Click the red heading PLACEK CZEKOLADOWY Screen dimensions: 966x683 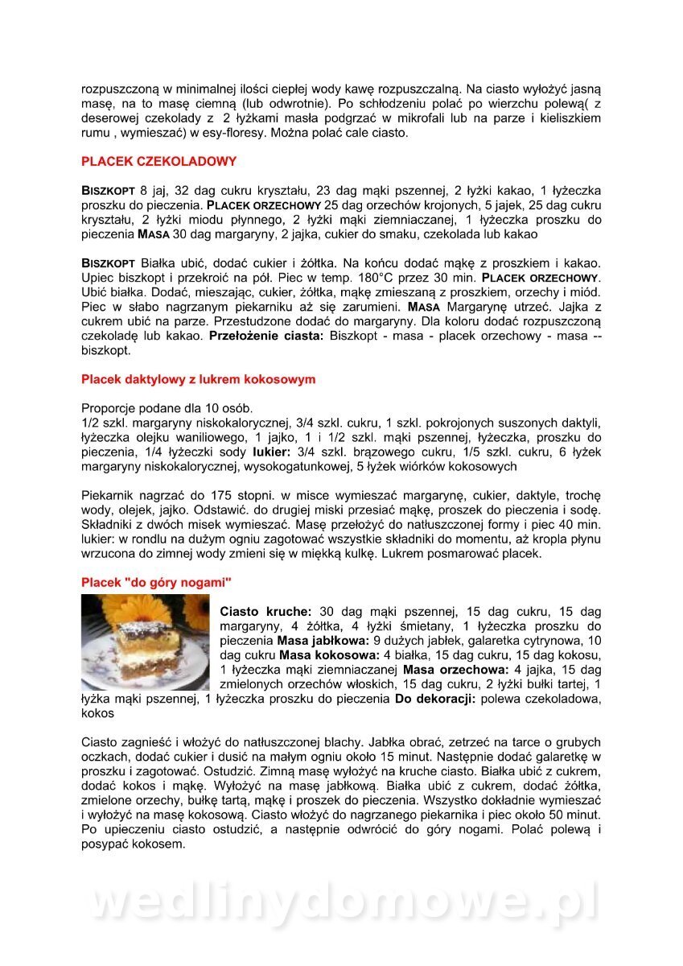tap(158, 161)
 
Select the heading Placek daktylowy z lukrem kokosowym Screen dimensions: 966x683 tap(198, 379)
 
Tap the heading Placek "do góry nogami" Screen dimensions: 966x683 tap(156, 582)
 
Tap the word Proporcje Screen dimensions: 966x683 tap(109, 408)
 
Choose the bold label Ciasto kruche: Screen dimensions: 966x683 tap(265, 612)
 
